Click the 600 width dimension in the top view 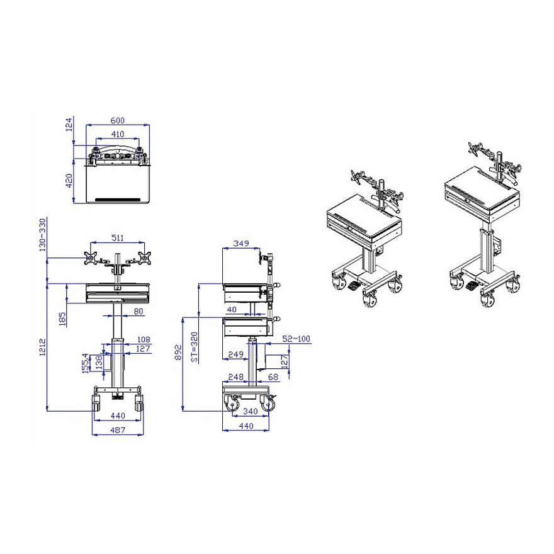118,120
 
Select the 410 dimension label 118,134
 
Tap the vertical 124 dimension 69,124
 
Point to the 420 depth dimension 69,181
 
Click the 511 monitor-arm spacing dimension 118,238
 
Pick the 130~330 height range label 42,235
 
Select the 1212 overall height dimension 42,347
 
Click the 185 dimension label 62,319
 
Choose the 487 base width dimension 118,430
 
